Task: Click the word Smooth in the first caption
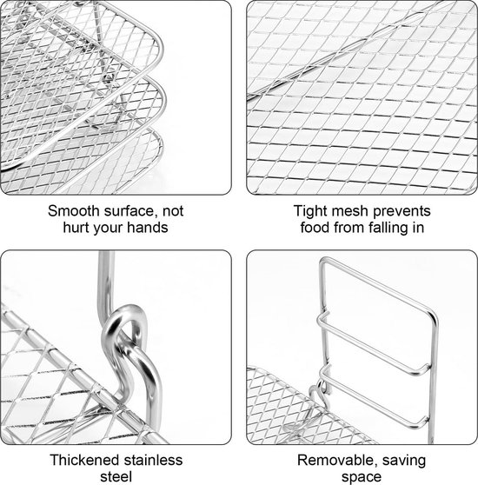coord(74,211)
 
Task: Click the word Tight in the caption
coord(309,212)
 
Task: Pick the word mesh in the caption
coord(349,211)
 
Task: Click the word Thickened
coord(84,461)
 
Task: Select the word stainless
coord(153,461)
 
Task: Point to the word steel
coord(116,476)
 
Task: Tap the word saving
coord(404,462)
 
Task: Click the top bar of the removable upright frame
coord(377,283)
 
